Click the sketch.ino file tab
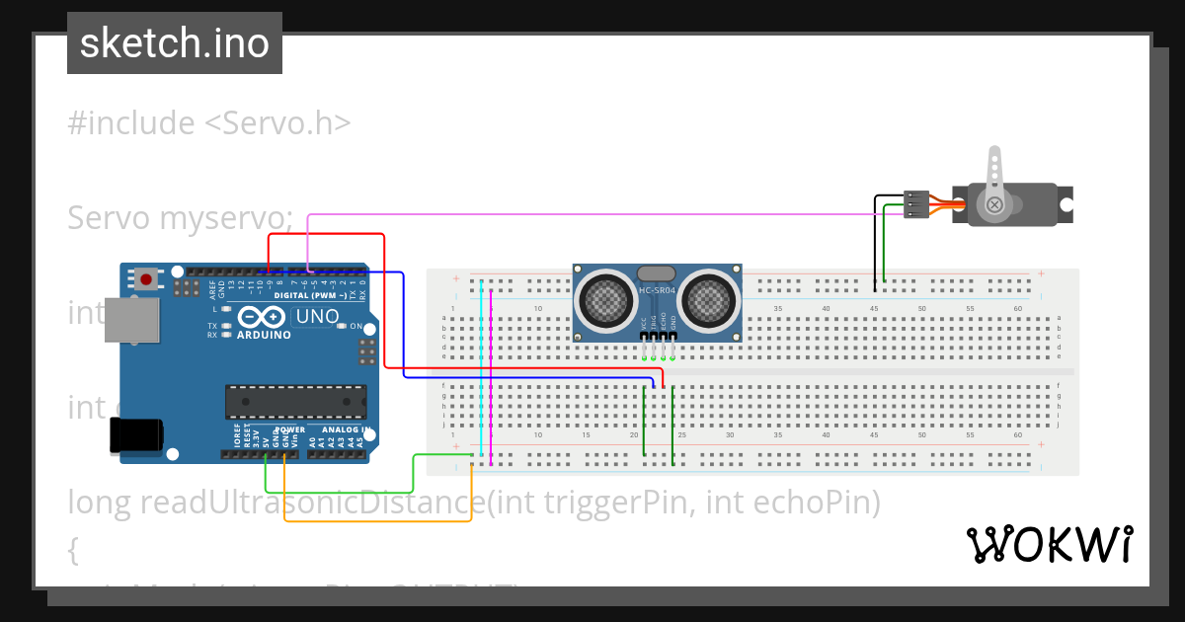click(174, 43)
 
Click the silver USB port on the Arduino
click(131, 321)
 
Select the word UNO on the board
click(318, 317)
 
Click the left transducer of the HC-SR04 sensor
click(607, 299)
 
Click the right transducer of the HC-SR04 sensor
click(708, 299)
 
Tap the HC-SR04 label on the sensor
click(656, 290)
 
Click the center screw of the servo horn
click(994, 205)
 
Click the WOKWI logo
click(1049, 544)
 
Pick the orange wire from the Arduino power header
click(375, 520)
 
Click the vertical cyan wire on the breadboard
click(480, 375)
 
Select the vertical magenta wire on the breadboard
click(491, 375)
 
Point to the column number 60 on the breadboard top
click(1018, 309)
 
